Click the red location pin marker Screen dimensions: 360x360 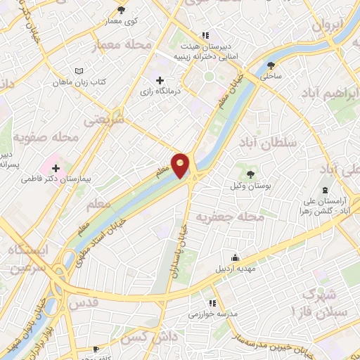click(x=181, y=165)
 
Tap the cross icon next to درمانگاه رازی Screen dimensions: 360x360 click(x=160, y=81)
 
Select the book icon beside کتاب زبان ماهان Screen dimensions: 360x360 click(x=79, y=71)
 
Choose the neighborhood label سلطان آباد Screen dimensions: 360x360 click(x=271, y=143)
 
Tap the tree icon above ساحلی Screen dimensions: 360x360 click(x=271, y=65)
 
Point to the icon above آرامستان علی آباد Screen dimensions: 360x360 click(x=325, y=191)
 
